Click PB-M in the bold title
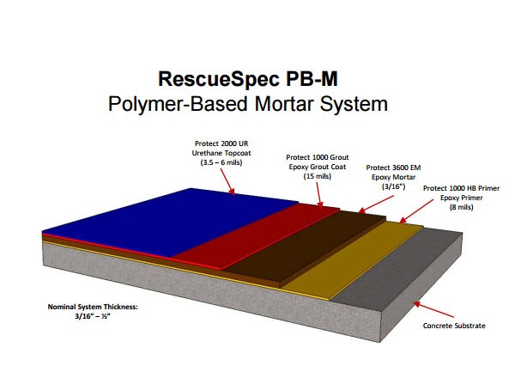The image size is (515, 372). tap(312, 79)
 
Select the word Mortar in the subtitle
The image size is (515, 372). tap(285, 104)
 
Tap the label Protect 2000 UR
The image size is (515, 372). tap(221, 143)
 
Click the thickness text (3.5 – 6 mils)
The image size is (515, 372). tap(221, 162)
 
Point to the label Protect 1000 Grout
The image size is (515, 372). tap(318, 157)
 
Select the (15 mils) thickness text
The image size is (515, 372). tap(318, 176)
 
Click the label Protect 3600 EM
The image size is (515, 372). tap(393, 168)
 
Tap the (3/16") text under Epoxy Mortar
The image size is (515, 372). tap(393, 186)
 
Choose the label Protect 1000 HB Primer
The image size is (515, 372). tap(461, 188)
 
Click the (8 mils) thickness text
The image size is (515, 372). tap(461, 207)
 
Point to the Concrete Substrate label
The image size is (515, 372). tap(454, 326)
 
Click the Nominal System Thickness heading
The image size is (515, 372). tap(93, 307)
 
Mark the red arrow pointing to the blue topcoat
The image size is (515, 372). tap(227, 182)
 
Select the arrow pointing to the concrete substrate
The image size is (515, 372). tap(433, 309)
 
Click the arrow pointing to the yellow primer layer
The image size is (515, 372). tap(416, 211)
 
